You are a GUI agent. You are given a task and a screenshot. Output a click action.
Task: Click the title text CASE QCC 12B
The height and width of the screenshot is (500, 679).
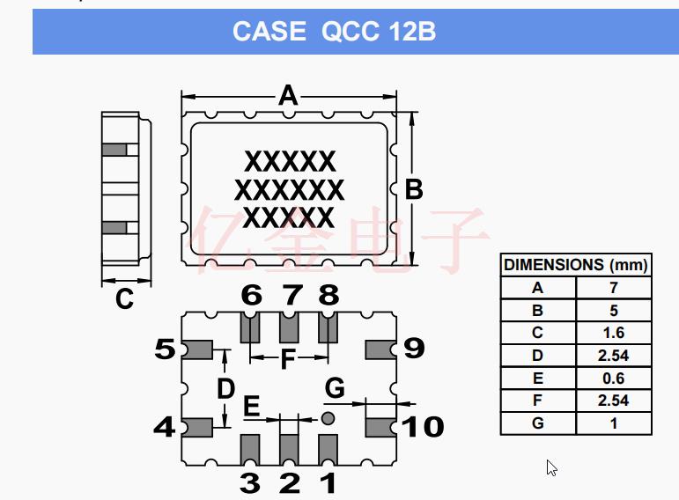pos(334,32)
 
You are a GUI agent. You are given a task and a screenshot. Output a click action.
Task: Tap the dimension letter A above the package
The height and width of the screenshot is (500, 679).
pos(288,95)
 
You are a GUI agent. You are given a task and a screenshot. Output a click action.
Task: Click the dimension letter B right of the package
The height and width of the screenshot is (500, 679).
pos(413,189)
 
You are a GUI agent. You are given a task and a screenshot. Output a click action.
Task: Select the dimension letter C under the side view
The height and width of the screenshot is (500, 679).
pos(124,299)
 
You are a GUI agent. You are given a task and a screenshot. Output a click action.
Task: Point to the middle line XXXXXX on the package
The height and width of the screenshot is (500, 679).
pos(290,190)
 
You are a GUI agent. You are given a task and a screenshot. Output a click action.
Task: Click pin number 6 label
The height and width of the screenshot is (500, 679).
pos(252,295)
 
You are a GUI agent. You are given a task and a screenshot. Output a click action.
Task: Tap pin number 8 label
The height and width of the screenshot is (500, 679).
pos(328,295)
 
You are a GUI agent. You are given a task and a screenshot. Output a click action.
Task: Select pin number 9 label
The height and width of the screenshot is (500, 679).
pos(413,349)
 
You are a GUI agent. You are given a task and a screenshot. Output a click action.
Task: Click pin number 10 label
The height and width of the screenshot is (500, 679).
pos(423,427)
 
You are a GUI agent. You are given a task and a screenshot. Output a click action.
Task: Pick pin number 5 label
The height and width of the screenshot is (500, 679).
pos(165,349)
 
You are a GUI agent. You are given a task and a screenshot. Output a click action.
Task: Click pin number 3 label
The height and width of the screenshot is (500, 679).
pos(251,482)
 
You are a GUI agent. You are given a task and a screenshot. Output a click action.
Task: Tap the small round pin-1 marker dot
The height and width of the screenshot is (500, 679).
pos(328,419)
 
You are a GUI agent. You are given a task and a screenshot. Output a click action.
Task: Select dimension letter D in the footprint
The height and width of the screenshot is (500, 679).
pos(226,388)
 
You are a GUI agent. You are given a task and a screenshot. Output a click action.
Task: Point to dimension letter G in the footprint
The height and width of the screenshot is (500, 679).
pos(335,387)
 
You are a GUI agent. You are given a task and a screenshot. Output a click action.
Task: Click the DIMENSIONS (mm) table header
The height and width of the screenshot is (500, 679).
pos(576,265)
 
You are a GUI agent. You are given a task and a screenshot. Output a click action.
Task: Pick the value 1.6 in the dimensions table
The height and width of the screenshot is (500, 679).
pos(614,333)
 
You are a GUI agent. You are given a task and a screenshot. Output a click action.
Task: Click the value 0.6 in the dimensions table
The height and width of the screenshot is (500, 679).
pos(614,379)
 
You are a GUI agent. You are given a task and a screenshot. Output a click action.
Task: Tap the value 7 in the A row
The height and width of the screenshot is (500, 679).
pos(614,288)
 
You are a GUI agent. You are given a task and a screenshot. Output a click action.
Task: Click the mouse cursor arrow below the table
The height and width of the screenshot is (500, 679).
pos(551,467)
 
